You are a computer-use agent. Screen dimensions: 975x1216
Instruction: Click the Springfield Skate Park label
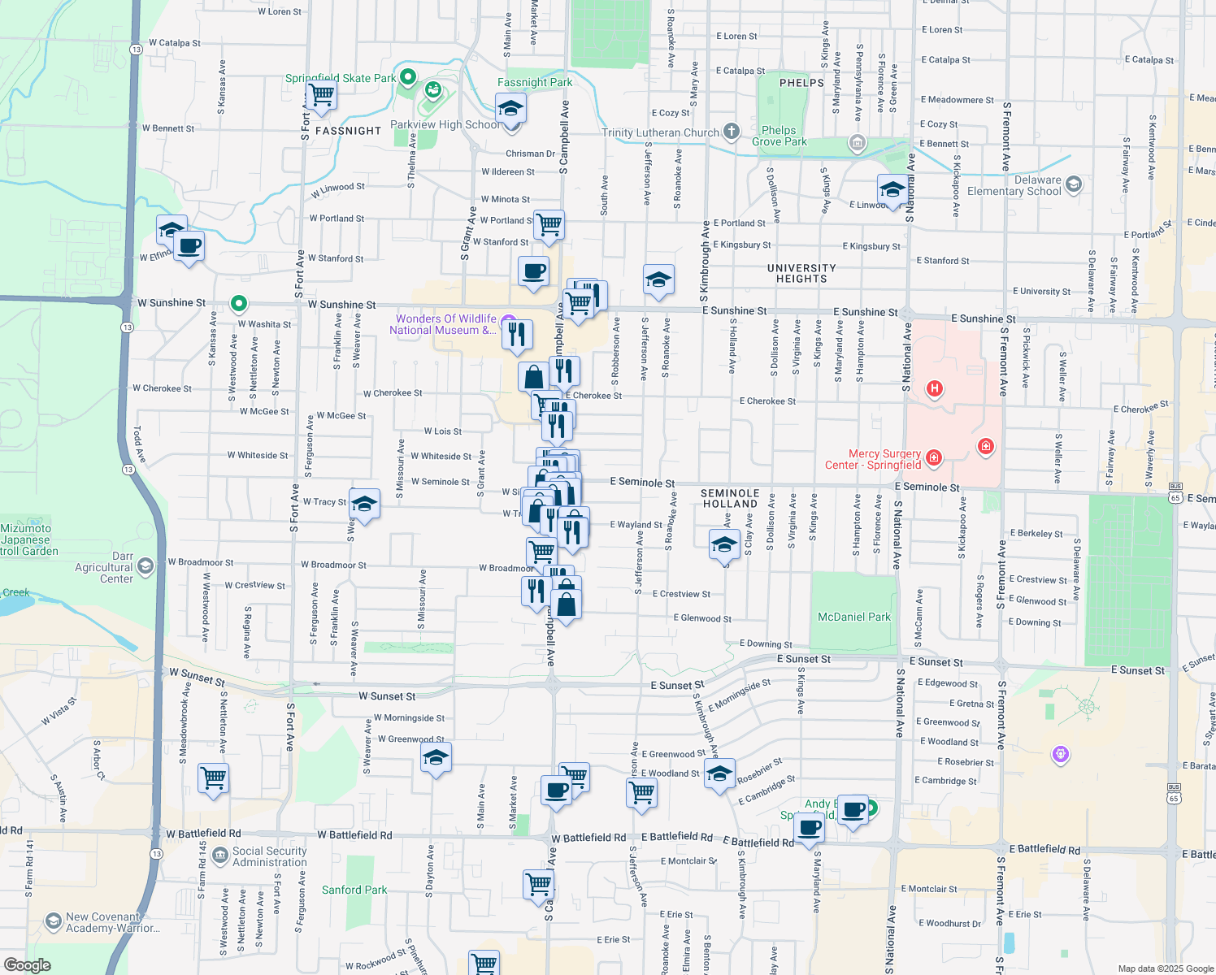click(341, 79)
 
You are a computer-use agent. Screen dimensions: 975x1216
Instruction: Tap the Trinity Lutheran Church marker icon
click(732, 132)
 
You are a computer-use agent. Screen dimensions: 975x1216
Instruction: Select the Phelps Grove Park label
click(779, 136)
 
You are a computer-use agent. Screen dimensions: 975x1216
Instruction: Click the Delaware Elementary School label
click(1014, 186)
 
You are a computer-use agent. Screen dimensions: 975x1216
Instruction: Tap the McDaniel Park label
click(853, 617)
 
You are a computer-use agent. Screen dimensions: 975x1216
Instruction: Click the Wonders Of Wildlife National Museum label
click(445, 324)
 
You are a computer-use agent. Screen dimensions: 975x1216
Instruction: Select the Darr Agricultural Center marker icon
click(145, 565)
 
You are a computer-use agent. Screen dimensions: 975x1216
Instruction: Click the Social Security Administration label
click(269, 856)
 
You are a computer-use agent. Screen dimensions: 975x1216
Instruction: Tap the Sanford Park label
click(354, 890)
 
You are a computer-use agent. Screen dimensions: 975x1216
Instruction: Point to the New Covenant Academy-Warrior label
click(112, 922)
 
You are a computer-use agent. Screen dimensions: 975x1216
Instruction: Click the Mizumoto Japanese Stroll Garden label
click(28, 539)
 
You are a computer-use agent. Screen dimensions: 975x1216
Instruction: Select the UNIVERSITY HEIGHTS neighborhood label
click(801, 273)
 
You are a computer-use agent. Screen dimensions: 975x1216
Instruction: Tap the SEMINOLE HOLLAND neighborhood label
click(730, 498)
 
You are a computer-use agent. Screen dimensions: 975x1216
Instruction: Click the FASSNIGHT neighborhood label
click(348, 131)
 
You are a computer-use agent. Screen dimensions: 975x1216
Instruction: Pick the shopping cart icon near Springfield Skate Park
click(322, 94)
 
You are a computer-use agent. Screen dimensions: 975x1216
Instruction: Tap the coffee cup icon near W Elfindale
click(189, 245)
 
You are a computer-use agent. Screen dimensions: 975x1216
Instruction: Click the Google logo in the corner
click(28, 964)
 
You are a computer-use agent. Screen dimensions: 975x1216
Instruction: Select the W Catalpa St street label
click(174, 43)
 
